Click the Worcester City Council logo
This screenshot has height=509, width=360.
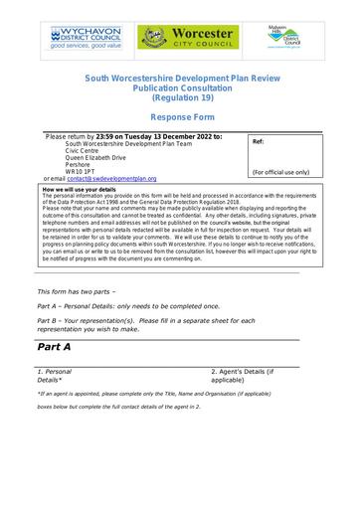[x=186, y=39]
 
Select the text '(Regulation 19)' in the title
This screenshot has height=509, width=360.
[x=180, y=97]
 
